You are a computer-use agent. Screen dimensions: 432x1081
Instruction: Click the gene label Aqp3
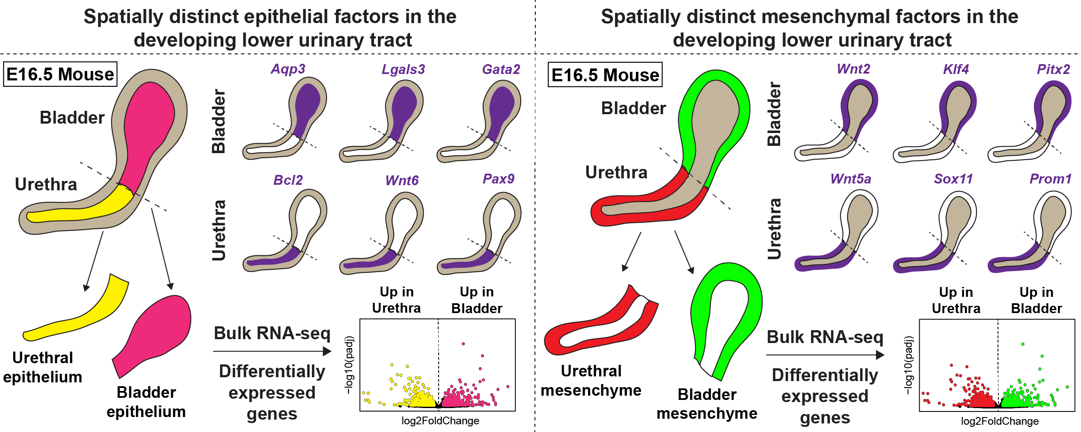tap(288, 69)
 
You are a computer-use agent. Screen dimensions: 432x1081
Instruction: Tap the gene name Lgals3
tap(403, 69)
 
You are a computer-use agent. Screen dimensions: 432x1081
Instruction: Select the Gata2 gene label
tap(501, 69)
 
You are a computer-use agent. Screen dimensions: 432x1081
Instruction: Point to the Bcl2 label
tap(288, 180)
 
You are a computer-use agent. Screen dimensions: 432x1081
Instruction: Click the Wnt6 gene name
tap(402, 180)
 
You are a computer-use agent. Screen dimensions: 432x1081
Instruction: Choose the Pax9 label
tap(499, 179)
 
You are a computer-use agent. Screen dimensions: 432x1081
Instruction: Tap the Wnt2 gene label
tap(853, 69)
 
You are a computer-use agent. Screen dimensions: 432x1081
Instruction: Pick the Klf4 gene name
tap(956, 69)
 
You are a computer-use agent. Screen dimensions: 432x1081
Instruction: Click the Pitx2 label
tap(1053, 69)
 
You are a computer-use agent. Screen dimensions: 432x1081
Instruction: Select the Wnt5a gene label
tap(851, 179)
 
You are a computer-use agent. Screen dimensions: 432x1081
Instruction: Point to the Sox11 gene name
tap(953, 179)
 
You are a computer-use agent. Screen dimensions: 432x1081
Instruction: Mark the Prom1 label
tap(1051, 179)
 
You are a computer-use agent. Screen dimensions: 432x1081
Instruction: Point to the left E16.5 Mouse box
tap(60, 74)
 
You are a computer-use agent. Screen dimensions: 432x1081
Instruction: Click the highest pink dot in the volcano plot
tap(463, 343)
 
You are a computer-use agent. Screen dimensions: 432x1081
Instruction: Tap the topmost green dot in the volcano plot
tap(1023, 344)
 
